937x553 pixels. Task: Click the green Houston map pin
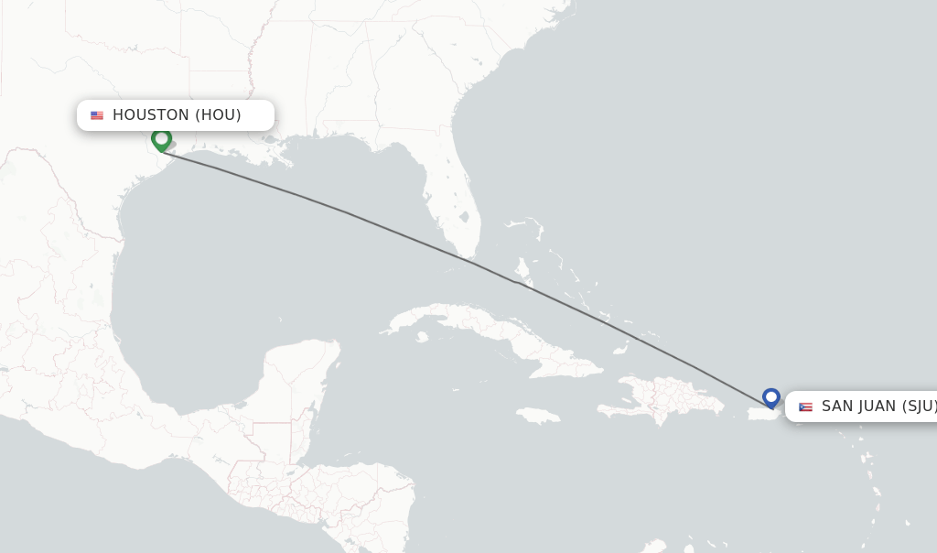tap(162, 139)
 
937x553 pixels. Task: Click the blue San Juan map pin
tap(771, 397)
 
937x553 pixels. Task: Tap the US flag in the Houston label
tap(97, 115)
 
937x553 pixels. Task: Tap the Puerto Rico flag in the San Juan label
tap(805, 407)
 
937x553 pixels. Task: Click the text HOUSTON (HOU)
tap(177, 115)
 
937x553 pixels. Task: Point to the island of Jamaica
tap(538, 416)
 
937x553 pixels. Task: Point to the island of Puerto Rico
tap(760, 414)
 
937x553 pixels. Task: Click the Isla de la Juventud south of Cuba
tap(422, 337)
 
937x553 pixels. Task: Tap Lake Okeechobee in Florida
tap(465, 219)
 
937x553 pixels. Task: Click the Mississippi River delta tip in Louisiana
tap(291, 163)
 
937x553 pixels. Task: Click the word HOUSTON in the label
tap(151, 115)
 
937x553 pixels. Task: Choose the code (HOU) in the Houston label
tap(219, 115)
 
